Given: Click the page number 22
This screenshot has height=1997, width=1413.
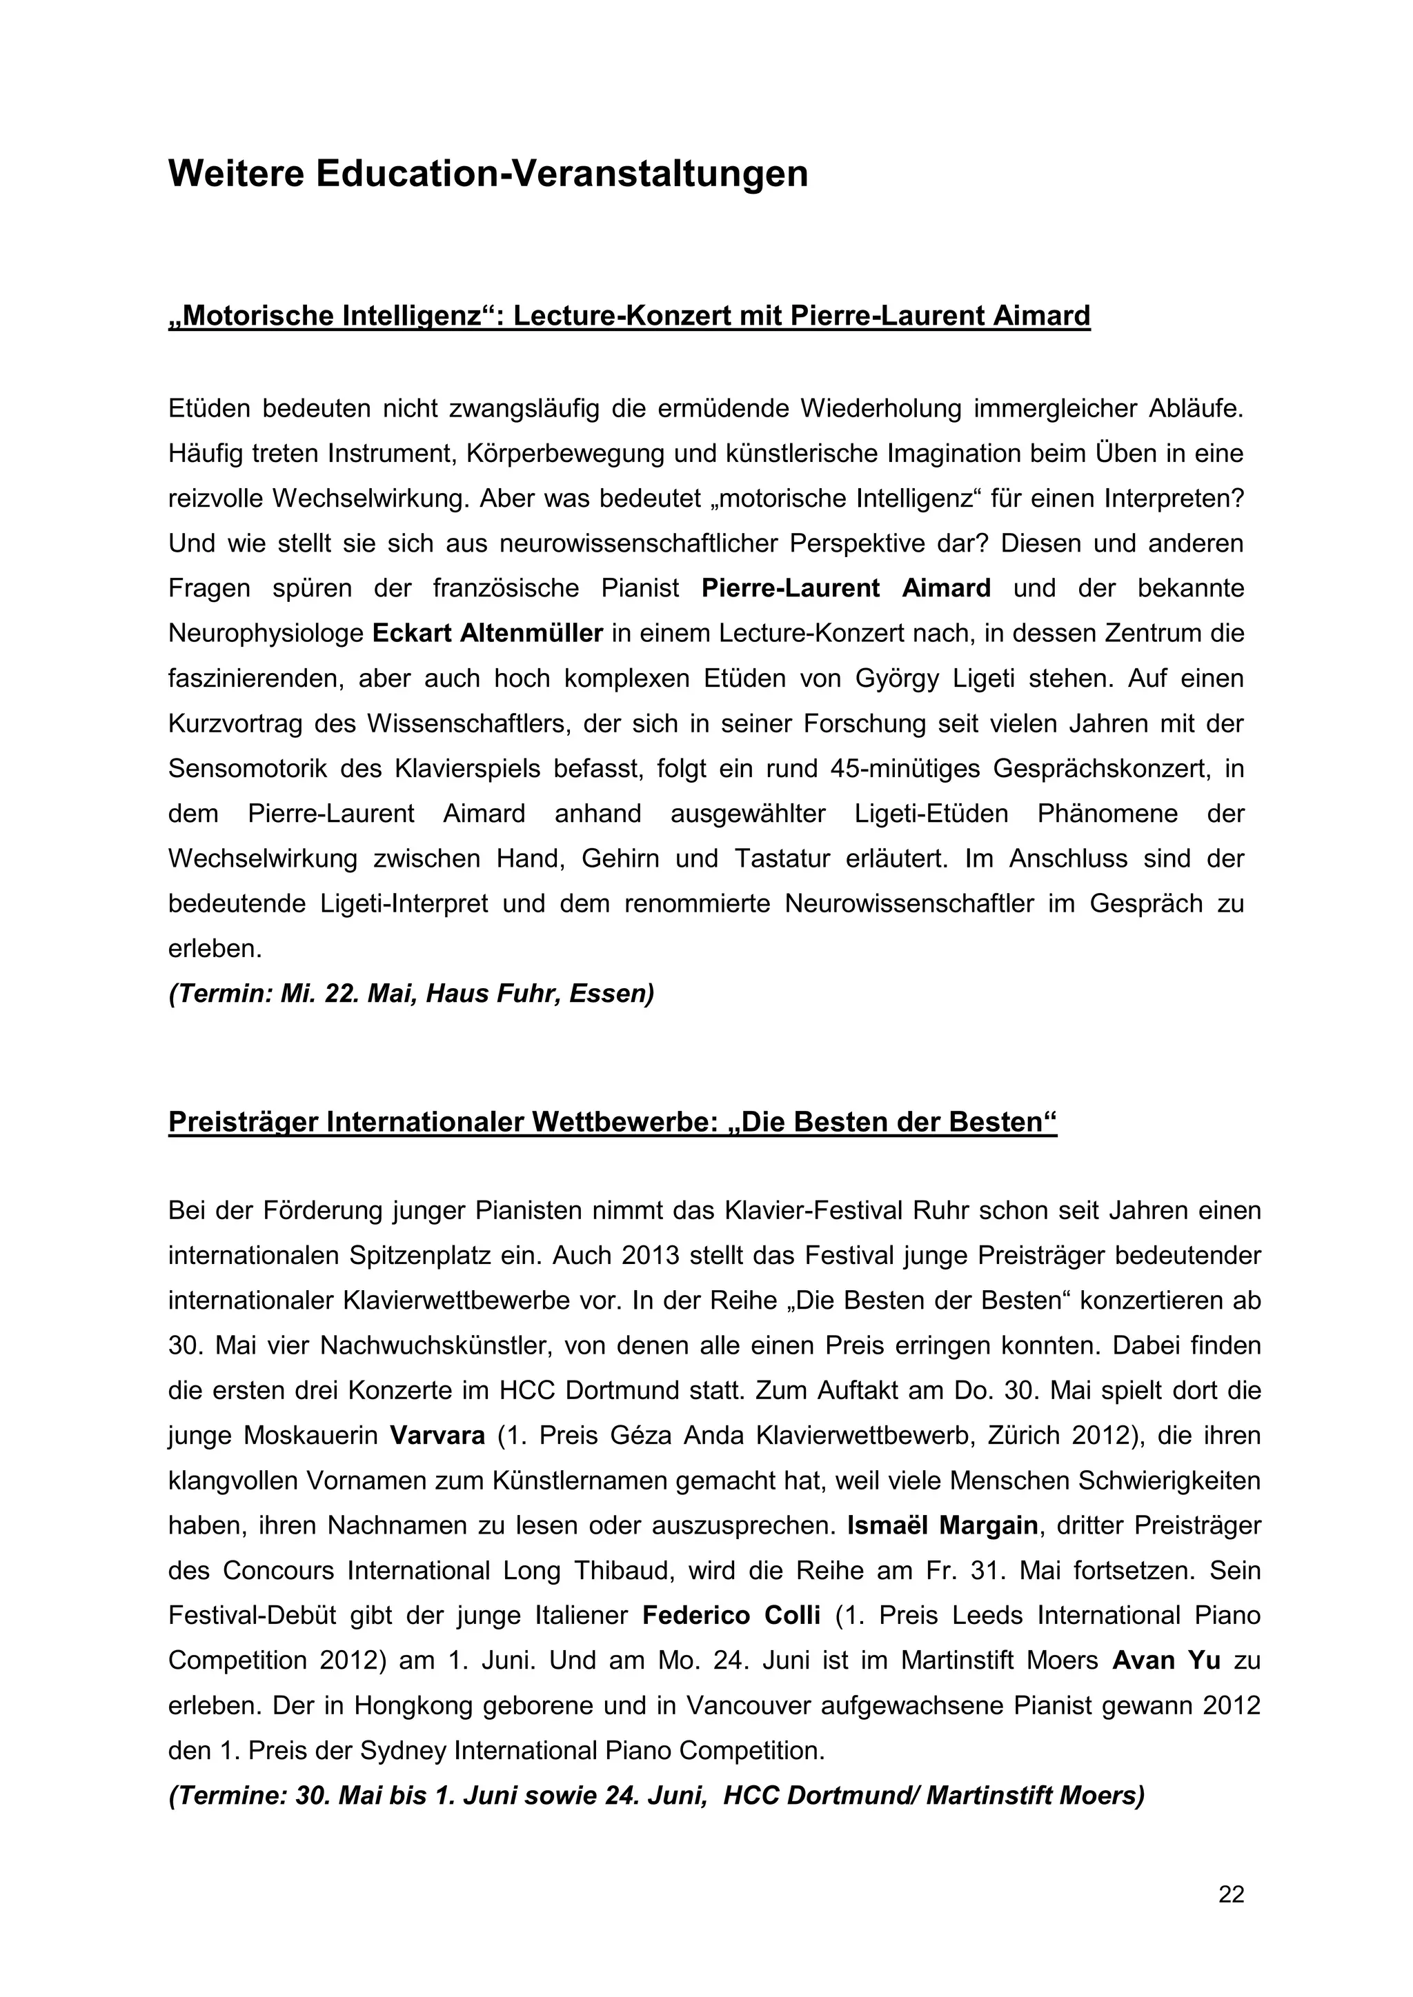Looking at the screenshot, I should coord(1231,1894).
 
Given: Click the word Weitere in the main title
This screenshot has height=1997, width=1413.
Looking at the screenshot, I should coord(235,174).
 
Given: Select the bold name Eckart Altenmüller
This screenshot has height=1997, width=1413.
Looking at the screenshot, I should coord(487,633).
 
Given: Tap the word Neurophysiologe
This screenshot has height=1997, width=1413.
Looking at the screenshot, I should coord(266,633).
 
